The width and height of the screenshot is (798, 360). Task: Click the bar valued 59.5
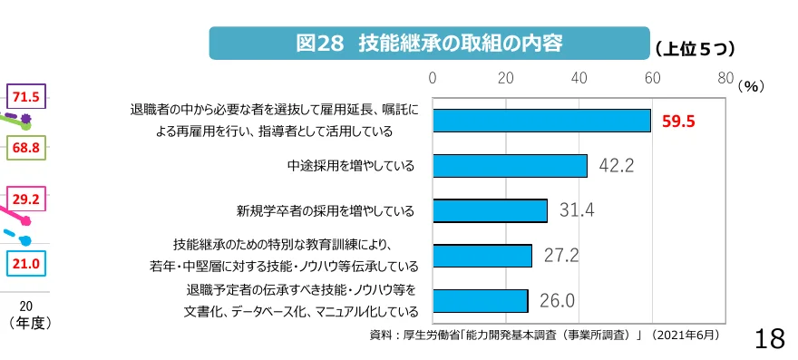coord(541,121)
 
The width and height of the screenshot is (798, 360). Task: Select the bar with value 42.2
coord(510,165)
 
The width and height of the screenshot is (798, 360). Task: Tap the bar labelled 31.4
coord(490,210)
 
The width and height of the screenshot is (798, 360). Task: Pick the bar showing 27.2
coord(482,256)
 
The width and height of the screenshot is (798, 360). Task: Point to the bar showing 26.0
coord(481,300)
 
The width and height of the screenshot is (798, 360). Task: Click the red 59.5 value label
coord(678,122)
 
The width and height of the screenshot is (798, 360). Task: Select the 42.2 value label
coord(616,165)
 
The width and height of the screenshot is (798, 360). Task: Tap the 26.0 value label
coord(558,300)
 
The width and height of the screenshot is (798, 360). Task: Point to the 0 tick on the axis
coord(433,78)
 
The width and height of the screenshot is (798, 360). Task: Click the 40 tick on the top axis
coord(579,78)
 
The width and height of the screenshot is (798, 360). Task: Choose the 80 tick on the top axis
coord(725,78)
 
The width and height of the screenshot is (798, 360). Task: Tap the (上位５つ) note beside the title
coord(695,47)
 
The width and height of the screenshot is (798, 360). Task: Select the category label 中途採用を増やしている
coord(350,166)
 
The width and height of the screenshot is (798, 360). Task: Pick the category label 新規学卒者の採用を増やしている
coord(325,211)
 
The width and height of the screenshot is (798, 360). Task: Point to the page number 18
coord(769,339)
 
